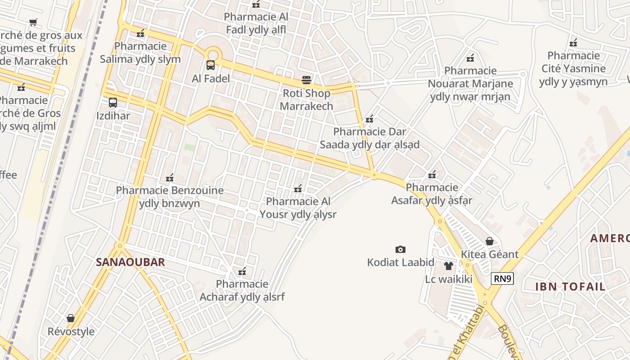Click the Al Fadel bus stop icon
tap(211, 65)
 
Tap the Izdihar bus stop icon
tap(113, 103)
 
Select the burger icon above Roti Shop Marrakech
tap(306, 80)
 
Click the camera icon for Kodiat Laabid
tap(400, 249)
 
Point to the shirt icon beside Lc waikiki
tap(449, 266)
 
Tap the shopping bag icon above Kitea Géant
tap(490, 242)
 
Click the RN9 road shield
tap(502, 279)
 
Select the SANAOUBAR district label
tap(130, 262)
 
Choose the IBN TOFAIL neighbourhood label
tap(570, 286)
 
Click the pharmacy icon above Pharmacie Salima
tap(140, 33)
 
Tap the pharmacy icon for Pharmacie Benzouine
tap(170, 178)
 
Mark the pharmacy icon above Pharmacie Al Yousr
tap(297, 189)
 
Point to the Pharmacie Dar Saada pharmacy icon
tap(369, 119)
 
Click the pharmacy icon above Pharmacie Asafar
tap(432, 175)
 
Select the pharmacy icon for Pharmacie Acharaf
tap(242, 271)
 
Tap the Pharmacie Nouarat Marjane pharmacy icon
tap(470, 58)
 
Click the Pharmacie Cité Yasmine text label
tap(573, 68)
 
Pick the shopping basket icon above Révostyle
tap(71, 319)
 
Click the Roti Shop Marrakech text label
tap(306, 99)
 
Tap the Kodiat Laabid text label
tap(400, 262)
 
